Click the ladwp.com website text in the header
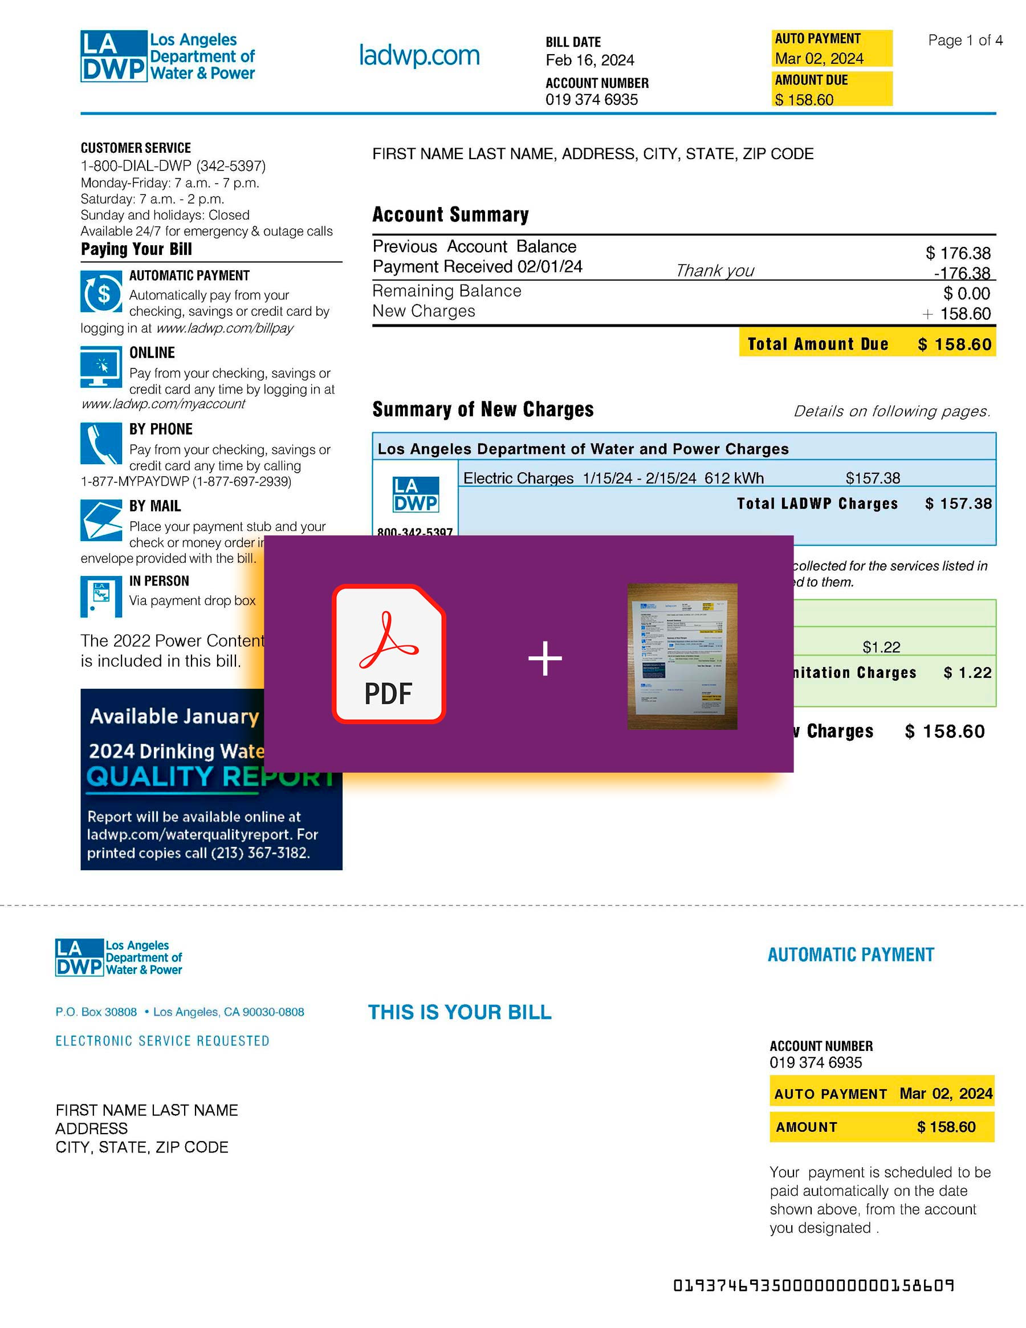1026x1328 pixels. click(419, 55)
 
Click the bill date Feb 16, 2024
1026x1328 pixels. click(589, 60)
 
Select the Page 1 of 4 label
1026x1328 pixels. click(964, 40)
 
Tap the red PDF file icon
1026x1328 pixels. click(388, 653)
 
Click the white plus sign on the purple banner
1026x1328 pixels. click(544, 658)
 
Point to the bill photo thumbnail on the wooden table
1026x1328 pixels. click(682, 656)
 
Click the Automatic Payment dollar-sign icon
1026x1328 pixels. click(101, 291)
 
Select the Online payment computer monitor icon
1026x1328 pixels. click(101, 367)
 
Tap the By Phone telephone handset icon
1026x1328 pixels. click(101, 443)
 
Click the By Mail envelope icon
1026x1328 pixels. click(101, 520)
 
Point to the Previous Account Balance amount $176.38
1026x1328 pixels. click(958, 253)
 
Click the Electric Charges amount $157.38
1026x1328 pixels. click(872, 478)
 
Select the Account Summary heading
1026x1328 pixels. click(450, 214)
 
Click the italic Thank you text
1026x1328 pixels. click(714, 271)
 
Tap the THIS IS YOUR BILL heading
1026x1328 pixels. click(459, 1012)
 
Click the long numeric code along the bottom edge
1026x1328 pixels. click(813, 1285)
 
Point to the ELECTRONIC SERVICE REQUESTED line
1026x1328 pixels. click(162, 1041)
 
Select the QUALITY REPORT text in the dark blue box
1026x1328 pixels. click(210, 777)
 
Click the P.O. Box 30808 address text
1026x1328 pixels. click(96, 1012)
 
